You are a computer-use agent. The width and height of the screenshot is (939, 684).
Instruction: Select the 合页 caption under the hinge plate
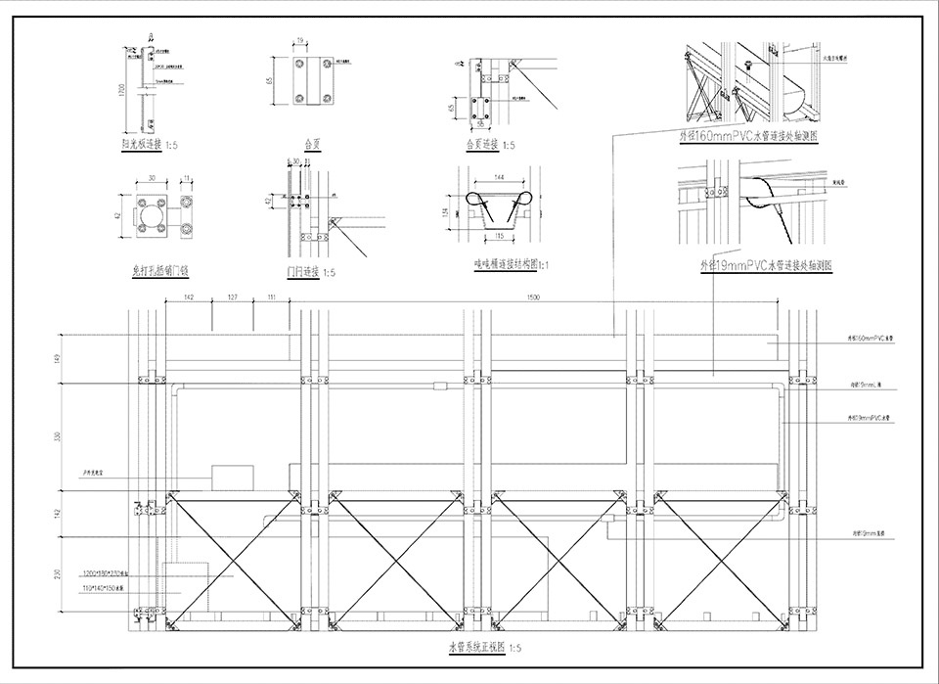(x=313, y=143)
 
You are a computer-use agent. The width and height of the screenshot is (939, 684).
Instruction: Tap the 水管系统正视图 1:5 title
(x=484, y=647)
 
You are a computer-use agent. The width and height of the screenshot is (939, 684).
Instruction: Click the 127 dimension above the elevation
(x=233, y=296)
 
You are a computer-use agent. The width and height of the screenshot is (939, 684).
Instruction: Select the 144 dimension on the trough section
(x=499, y=176)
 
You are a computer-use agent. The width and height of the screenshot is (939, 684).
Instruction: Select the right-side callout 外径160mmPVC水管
(x=870, y=337)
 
